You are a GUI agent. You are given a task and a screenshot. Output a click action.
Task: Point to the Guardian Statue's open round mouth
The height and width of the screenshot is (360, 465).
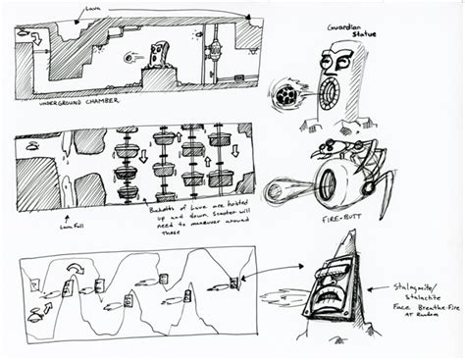pos(331,94)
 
